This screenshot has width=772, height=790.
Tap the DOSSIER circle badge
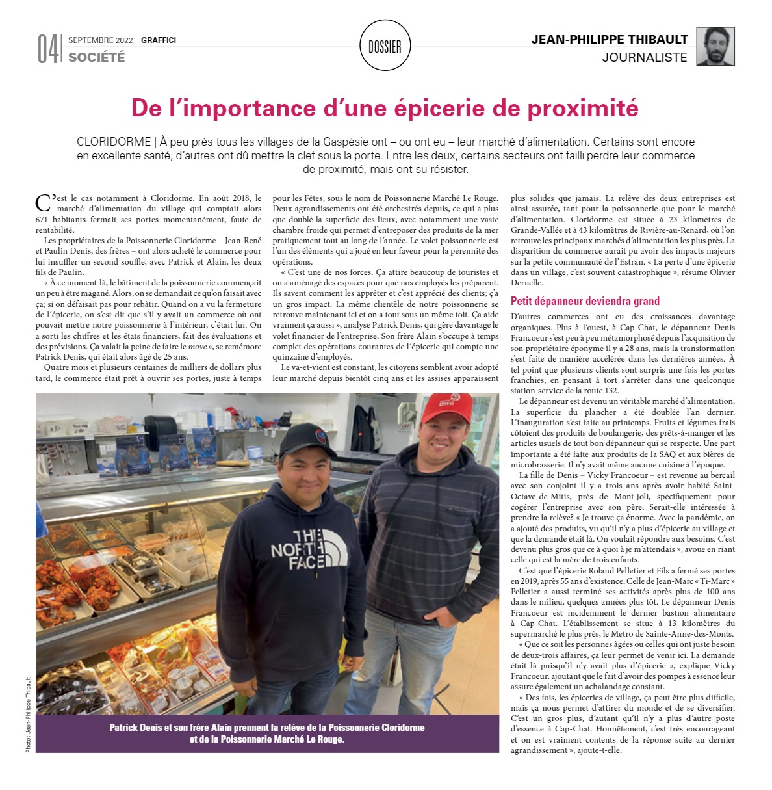[x=385, y=46]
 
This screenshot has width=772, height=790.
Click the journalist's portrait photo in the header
[x=715, y=46]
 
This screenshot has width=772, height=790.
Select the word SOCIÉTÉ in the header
[x=97, y=57]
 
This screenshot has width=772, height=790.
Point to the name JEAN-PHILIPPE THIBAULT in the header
[x=609, y=40]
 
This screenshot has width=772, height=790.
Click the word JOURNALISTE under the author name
[x=645, y=57]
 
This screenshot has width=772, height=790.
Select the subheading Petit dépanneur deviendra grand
[x=585, y=301]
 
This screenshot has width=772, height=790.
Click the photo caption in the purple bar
[x=267, y=733]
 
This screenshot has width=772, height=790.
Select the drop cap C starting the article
[x=44, y=202]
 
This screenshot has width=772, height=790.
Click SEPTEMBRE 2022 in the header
[x=100, y=40]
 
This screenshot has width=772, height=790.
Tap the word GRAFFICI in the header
[x=159, y=40]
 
